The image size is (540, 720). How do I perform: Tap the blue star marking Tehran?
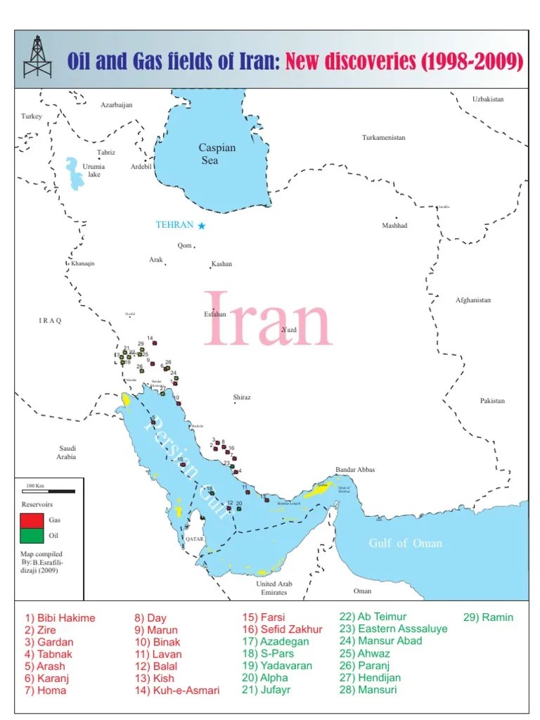[x=202, y=225]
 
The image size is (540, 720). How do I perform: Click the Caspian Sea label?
[x=217, y=154]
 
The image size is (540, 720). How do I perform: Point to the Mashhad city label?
[x=394, y=226]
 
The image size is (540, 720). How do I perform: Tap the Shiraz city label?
[x=242, y=397]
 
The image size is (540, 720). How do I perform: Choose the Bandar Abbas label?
[x=355, y=470]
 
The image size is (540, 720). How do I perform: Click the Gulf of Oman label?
[x=406, y=543]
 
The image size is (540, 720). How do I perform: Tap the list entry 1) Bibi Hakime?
[x=60, y=618]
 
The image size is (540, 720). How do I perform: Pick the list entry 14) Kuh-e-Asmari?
[x=176, y=690]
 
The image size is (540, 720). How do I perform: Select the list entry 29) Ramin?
[x=488, y=617]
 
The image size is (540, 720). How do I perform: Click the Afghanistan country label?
[x=472, y=300]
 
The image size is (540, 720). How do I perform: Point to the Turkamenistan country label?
[x=383, y=138]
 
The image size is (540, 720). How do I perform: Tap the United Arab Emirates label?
[x=274, y=588]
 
